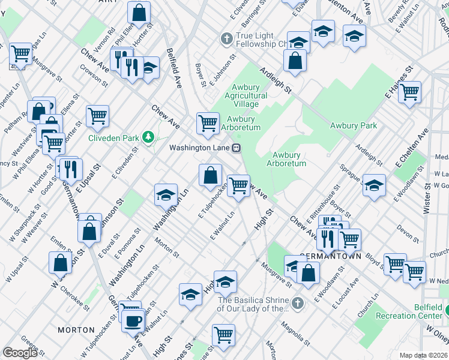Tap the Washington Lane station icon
(x=237, y=147)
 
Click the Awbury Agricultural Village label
(x=246, y=95)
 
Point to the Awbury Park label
(x=354, y=125)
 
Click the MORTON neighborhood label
(x=76, y=330)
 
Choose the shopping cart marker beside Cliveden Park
(x=97, y=115)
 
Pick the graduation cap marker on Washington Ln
(x=166, y=194)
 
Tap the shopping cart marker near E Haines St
(x=409, y=92)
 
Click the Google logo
(x=20, y=353)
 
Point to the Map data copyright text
(x=424, y=355)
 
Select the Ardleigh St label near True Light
(x=275, y=80)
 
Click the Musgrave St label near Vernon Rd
(x=47, y=68)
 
